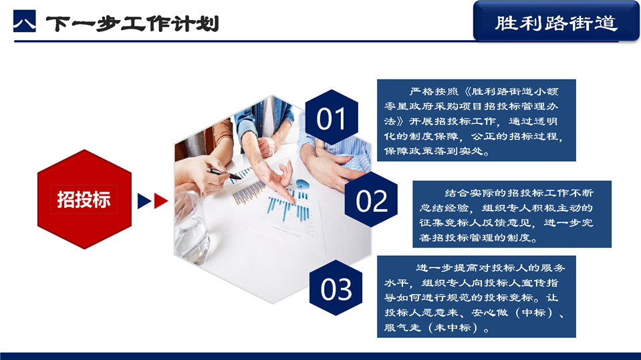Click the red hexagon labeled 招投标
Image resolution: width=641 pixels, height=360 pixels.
point(84,200)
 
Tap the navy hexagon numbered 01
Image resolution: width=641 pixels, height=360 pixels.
point(332,118)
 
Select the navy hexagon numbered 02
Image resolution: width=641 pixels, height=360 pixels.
point(371,200)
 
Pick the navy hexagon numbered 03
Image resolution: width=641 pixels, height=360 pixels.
point(336,288)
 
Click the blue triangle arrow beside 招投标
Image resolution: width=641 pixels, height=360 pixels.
point(144,201)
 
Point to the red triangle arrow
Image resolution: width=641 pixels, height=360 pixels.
point(160,201)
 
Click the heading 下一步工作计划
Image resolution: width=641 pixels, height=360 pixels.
point(133,23)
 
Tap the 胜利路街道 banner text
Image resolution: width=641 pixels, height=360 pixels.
point(556,23)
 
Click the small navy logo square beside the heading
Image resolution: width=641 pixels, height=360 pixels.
point(25,21)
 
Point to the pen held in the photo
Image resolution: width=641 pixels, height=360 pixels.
point(224,174)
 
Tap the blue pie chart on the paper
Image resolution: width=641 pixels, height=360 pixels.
point(302,184)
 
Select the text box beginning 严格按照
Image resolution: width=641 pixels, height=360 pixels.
point(477,120)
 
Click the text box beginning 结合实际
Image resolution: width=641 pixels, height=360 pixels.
point(512,214)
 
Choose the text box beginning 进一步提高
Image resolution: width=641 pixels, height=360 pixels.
point(477,297)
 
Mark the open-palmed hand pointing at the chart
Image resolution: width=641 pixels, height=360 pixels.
point(275,180)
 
